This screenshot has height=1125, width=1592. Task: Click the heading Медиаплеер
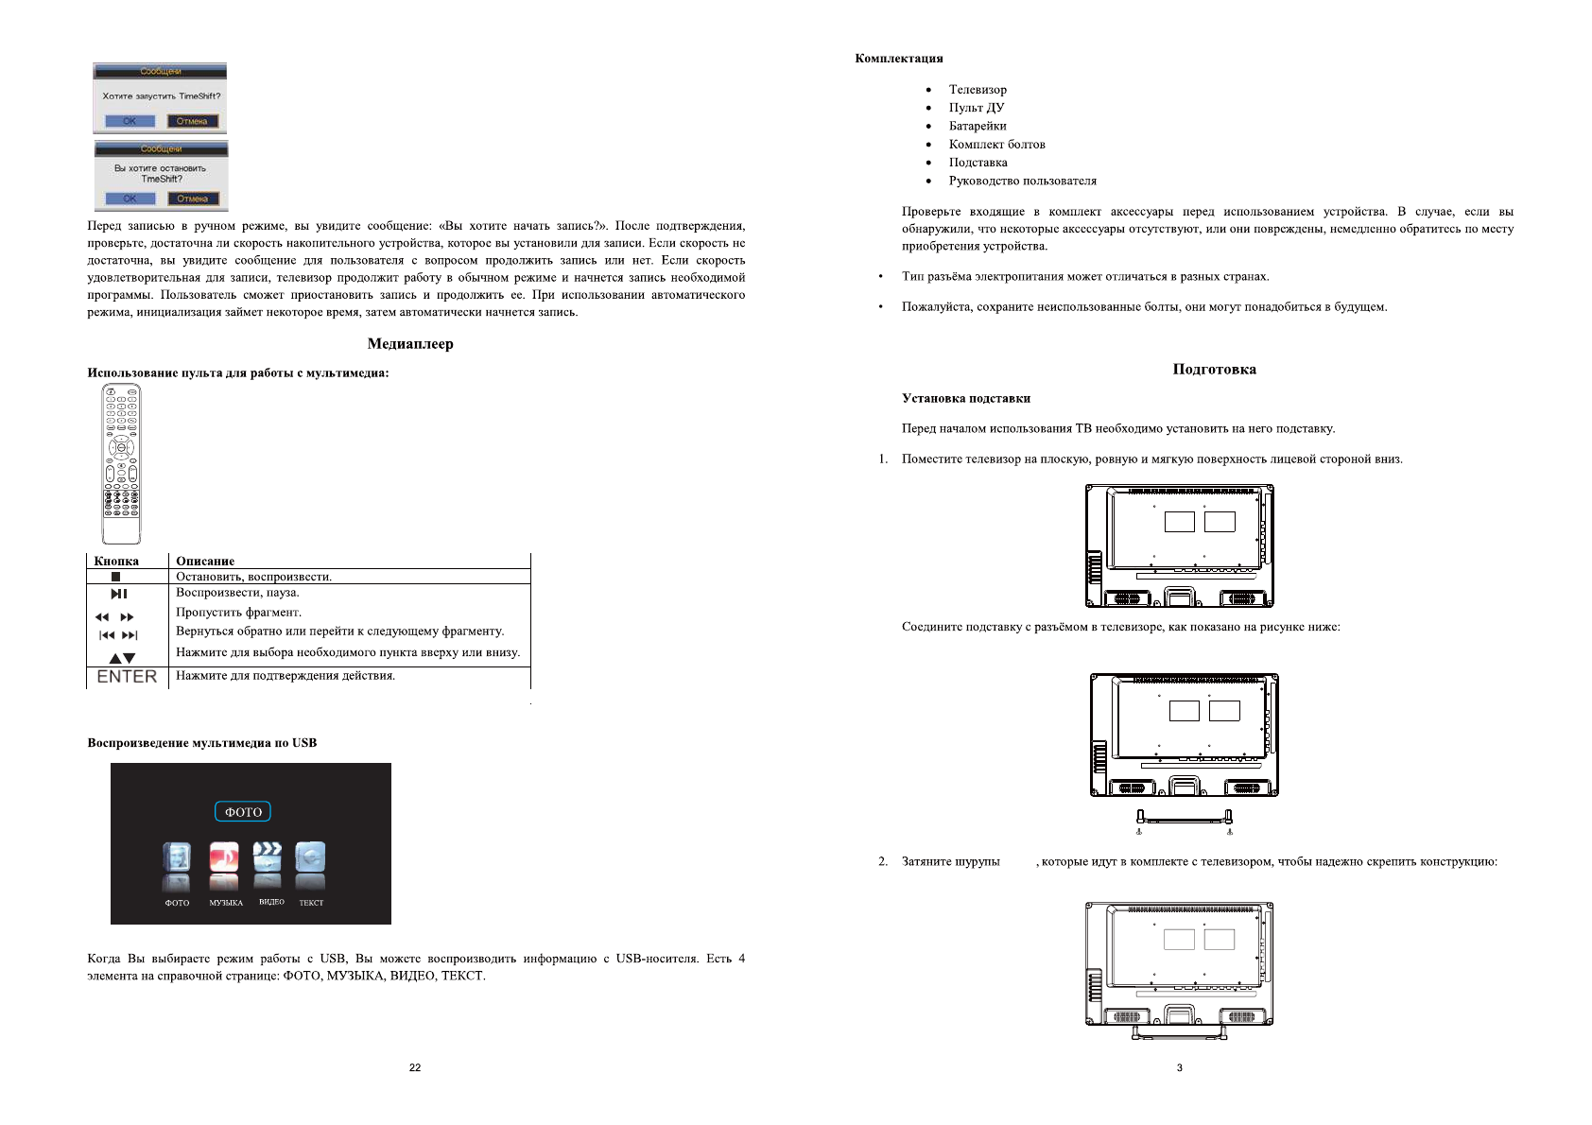(410, 344)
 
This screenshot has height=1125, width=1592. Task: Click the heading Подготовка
(1214, 370)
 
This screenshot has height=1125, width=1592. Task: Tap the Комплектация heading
(899, 59)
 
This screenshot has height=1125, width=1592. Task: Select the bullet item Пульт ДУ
(977, 108)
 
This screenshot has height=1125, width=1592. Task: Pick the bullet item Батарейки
(978, 126)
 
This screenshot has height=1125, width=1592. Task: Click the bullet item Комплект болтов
(996, 145)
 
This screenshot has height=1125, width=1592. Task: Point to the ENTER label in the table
(127, 677)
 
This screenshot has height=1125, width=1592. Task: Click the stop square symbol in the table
(115, 577)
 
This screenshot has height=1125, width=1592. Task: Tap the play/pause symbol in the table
(119, 594)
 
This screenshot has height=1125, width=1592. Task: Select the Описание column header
(205, 561)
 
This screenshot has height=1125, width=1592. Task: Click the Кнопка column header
(116, 561)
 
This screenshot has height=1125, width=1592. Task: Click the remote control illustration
(121, 463)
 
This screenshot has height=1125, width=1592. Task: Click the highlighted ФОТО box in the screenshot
(243, 812)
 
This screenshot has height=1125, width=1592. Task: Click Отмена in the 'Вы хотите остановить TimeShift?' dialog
(193, 199)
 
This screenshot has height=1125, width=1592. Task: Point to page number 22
(415, 1067)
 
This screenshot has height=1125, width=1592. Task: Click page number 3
(1179, 1067)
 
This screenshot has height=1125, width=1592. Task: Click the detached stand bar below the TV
(1184, 819)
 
